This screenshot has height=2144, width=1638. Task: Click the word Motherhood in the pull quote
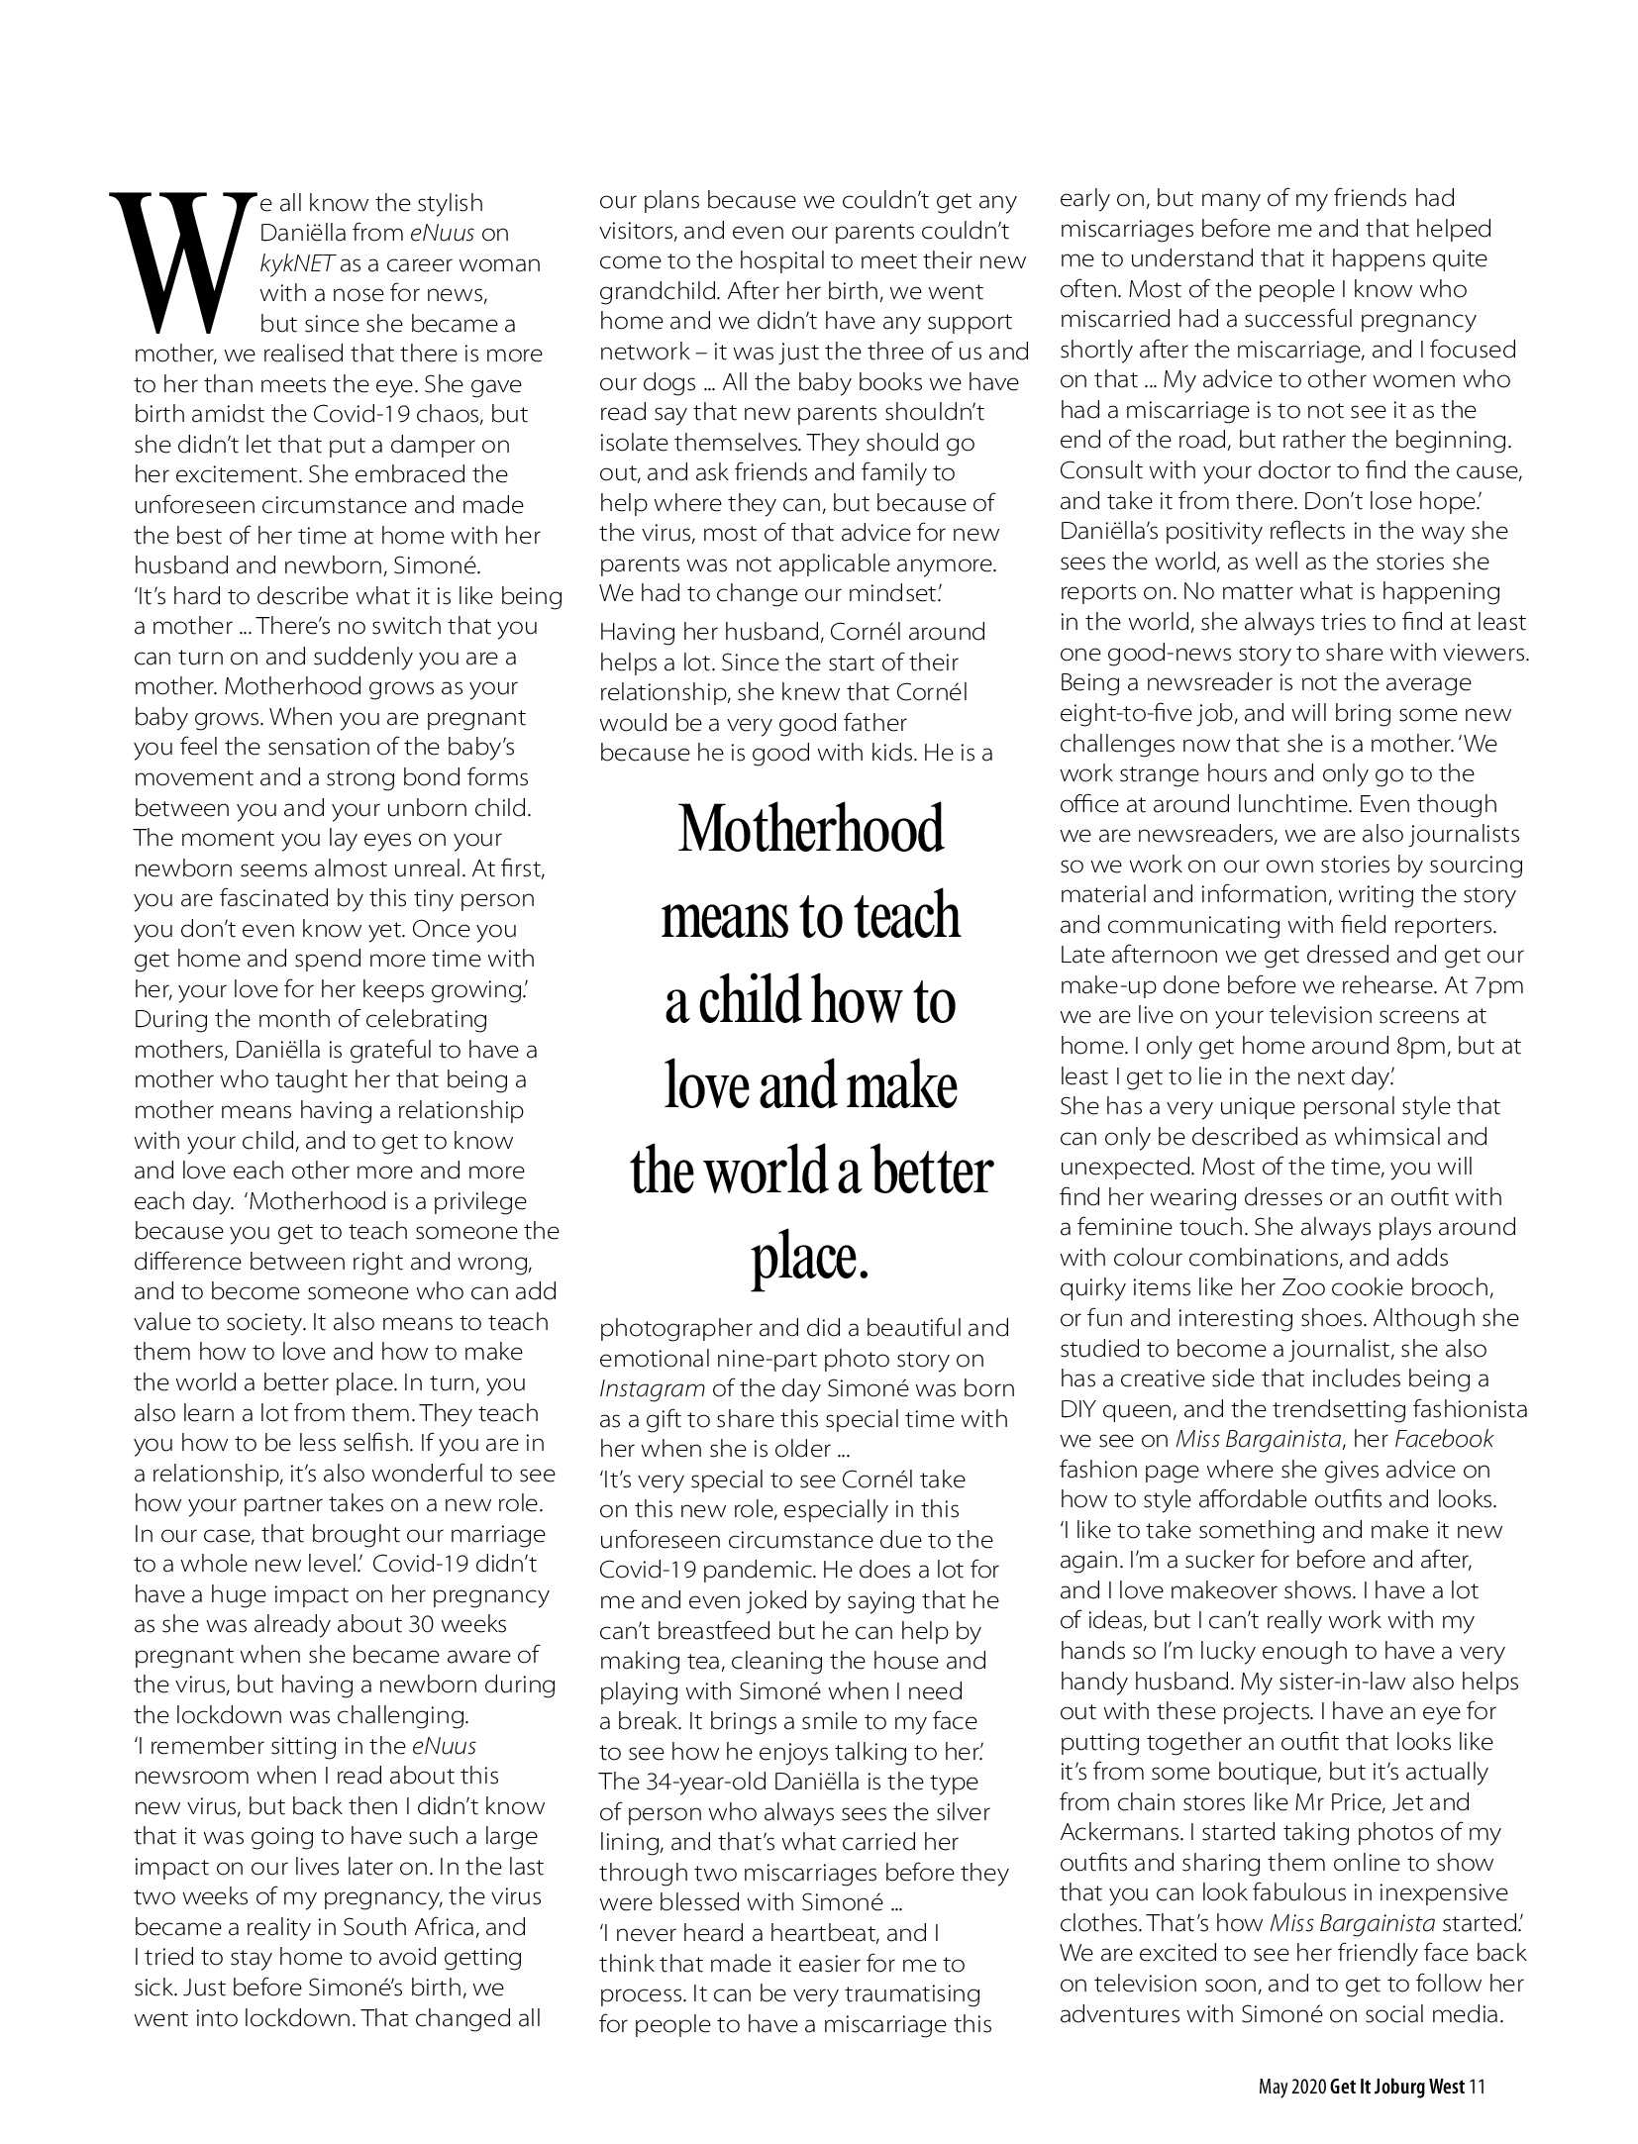pos(810,830)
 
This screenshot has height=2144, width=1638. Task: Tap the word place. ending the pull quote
pos(810,1258)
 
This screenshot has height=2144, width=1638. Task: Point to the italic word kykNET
pos(297,263)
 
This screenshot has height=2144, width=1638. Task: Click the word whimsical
pos(1385,1137)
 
